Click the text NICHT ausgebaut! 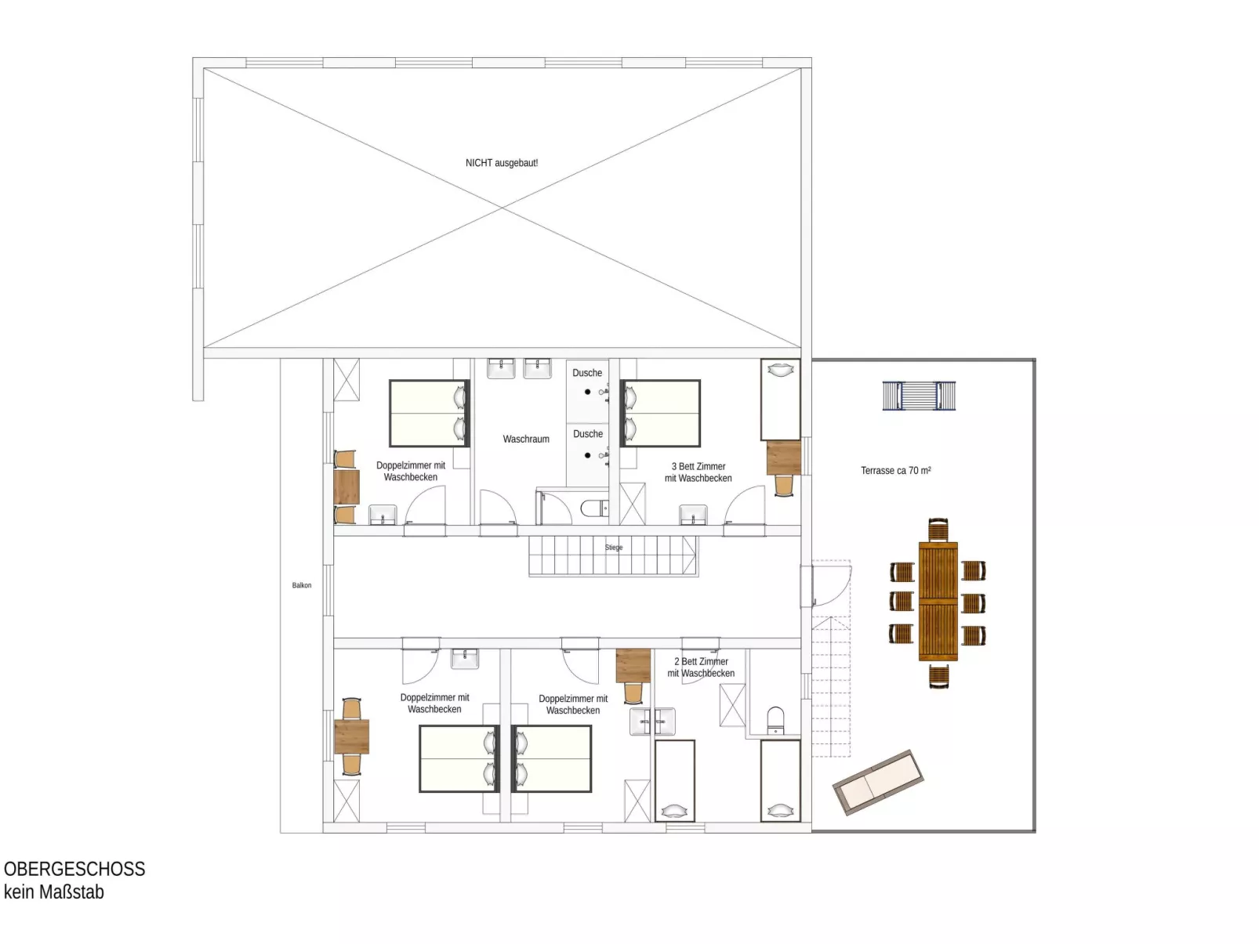[501, 163]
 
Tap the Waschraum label [526, 439]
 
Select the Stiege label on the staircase [614, 548]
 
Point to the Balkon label [302, 585]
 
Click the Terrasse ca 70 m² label [895, 471]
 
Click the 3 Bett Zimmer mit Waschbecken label [698, 472]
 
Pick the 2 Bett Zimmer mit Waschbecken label [701, 667]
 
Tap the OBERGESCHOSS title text [74, 869]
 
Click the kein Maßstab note [54, 892]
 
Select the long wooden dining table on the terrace [938, 601]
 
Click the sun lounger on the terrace [878, 782]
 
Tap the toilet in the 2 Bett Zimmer [775, 721]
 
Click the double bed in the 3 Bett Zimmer [660, 414]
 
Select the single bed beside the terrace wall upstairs [781, 400]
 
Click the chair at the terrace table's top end [938, 529]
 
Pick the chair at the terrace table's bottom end [938, 675]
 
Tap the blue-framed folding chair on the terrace [919, 396]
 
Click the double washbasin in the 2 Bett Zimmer [652, 722]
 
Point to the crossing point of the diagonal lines [503, 208]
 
